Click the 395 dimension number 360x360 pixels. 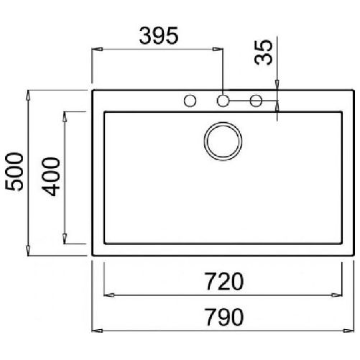(159, 36)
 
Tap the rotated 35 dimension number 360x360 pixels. (264, 52)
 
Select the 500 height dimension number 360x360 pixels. (14, 172)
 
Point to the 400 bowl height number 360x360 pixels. (51, 177)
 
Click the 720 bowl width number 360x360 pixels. (224, 282)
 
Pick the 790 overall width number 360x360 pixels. (224, 317)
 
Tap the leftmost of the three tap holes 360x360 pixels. (190, 101)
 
